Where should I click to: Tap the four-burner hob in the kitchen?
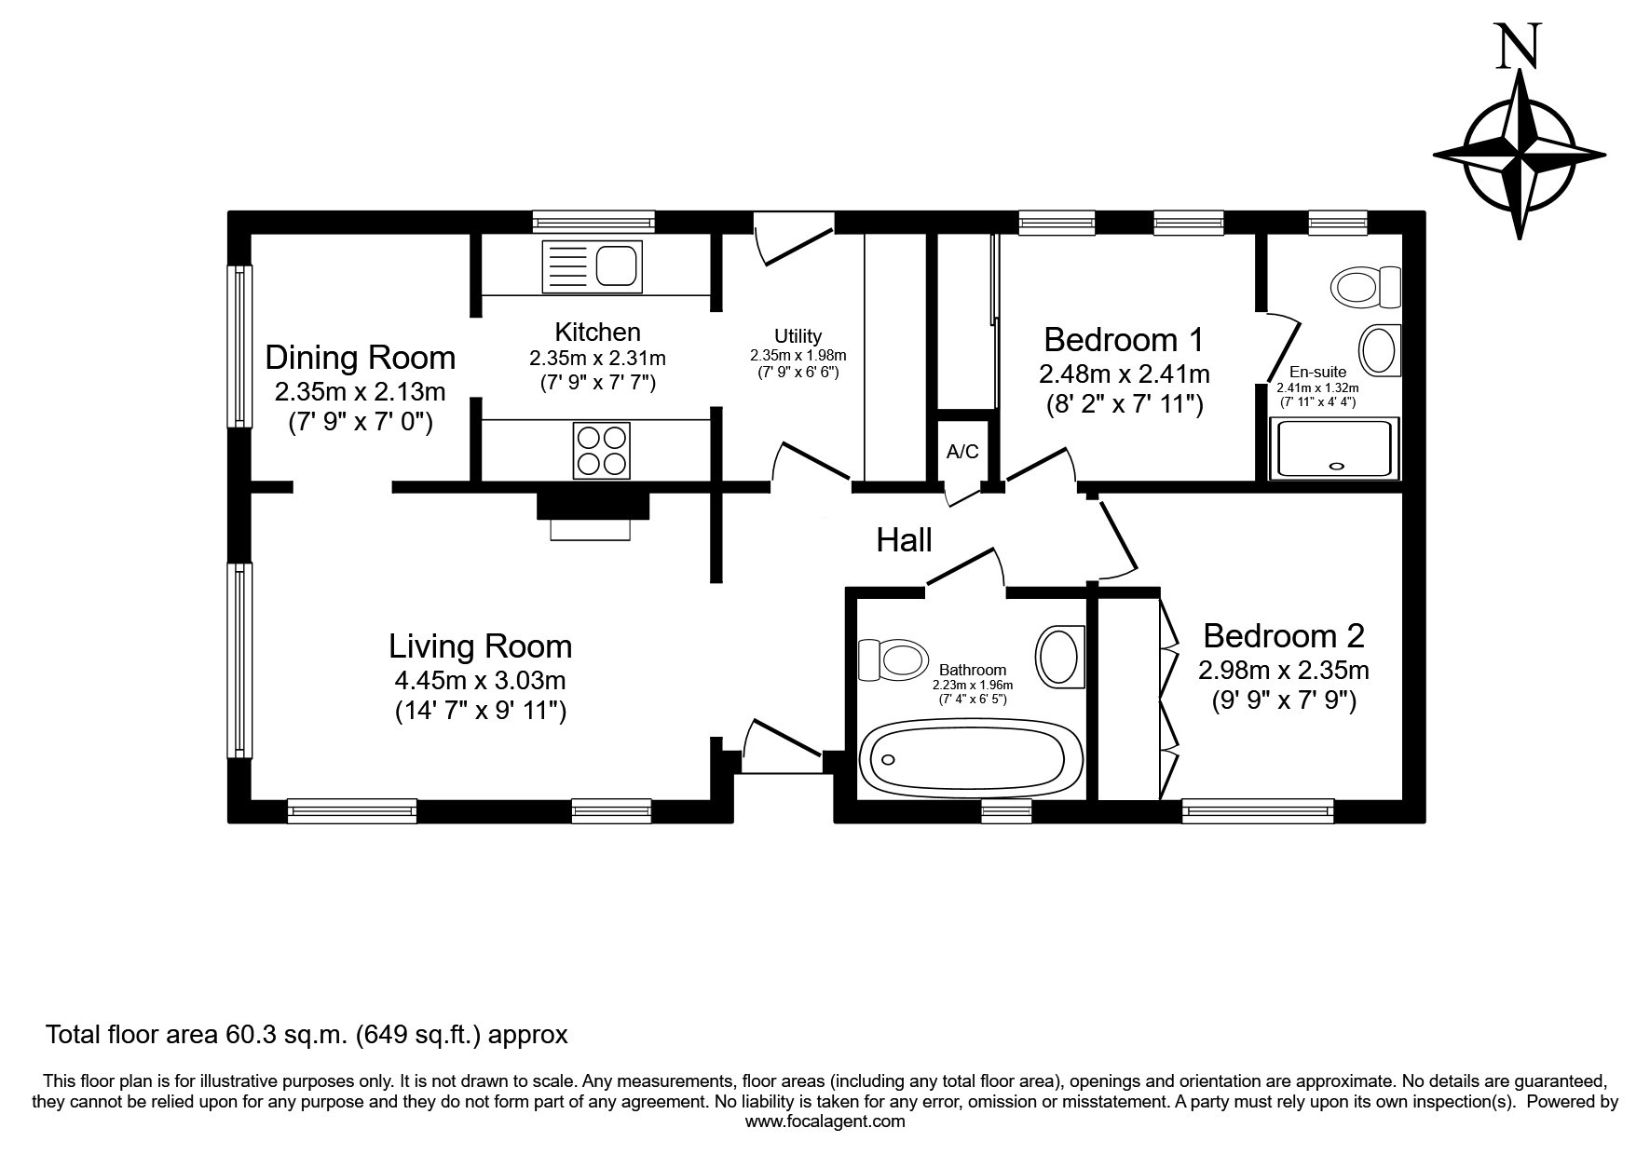click(602, 451)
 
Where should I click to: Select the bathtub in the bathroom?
click(970, 757)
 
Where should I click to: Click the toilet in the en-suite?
click(1367, 286)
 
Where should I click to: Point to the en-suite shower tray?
click(1334, 448)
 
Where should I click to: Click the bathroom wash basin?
click(1060, 657)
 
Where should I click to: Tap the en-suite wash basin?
click(1381, 351)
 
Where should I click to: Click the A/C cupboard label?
click(962, 452)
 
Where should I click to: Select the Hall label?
click(904, 539)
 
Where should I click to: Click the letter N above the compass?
click(1518, 47)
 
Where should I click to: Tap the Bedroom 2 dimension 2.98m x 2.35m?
click(1283, 670)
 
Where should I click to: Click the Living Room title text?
click(480, 645)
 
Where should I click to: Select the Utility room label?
click(798, 336)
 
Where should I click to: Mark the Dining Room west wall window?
click(241, 346)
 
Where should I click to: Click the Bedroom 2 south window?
click(1258, 811)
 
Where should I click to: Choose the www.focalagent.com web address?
click(825, 1121)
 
